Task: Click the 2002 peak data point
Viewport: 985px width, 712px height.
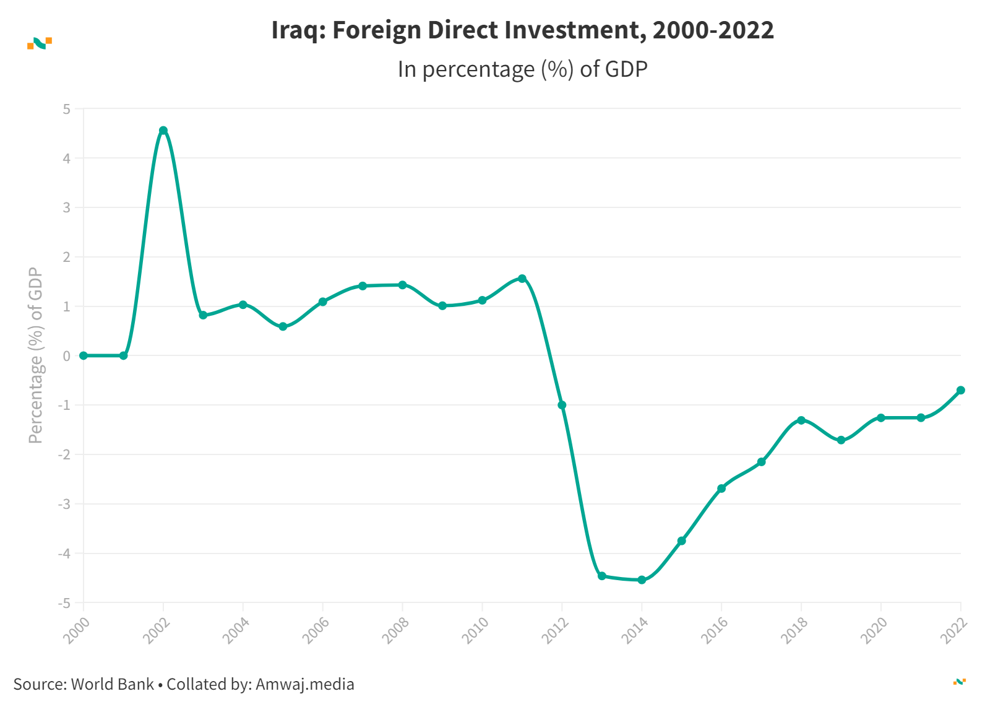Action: tap(163, 131)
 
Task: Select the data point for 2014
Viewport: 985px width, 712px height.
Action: tap(642, 580)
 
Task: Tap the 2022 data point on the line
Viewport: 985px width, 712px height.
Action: tap(960, 390)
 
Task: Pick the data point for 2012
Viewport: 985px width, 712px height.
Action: tap(562, 405)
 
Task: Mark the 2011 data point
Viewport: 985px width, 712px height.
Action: tap(522, 279)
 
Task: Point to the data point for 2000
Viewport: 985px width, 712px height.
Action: tap(84, 355)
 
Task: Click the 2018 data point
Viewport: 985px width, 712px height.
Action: tap(801, 420)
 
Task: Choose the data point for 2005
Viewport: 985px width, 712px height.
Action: tap(283, 326)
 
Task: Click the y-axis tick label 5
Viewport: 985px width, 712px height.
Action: tap(67, 109)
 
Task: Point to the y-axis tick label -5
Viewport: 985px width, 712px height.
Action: tap(64, 603)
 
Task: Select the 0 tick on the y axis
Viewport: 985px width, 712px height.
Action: tap(67, 356)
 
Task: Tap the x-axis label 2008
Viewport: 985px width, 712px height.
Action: tap(395, 631)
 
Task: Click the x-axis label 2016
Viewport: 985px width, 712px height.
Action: tap(714, 631)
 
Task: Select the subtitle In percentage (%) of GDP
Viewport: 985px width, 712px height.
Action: tap(522, 69)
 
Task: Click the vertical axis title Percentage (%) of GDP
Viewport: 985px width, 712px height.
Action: tap(36, 355)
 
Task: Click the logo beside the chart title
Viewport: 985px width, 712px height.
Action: tap(40, 43)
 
